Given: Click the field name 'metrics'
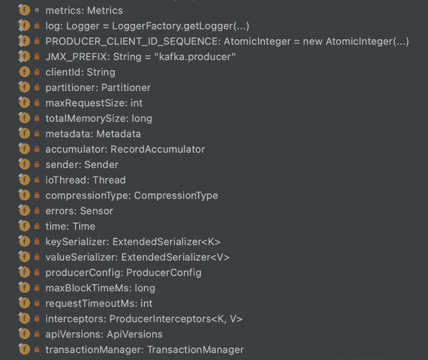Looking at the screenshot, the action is pyautogui.click(x=64, y=10).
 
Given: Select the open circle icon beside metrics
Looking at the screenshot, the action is pyautogui.click(x=37, y=10).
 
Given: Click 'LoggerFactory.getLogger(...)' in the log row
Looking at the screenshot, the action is pyautogui.click(x=181, y=26).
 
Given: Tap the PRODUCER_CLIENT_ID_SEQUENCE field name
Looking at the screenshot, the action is pyautogui.click(x=132, y=41).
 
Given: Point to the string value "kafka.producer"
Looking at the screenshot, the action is pyautogui.click(x=195, y=57).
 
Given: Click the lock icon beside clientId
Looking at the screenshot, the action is pyautogui.click(x=37, y=72).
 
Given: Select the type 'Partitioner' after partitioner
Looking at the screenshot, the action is pyautogui.click(x=126, y=87).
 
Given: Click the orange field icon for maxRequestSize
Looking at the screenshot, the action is pyautogui.click(x=24, y=103).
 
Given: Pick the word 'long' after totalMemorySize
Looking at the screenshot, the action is pyautogui.click(x=141, y=118).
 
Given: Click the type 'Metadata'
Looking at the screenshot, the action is pyautogui.click(x=118, y=134).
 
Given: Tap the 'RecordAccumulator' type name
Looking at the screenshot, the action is pyautogui.click(x=158, y=149).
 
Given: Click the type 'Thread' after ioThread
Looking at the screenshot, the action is pyautogui.click(x=109, y=180).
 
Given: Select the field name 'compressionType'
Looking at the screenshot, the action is pyautogui.click(x=86, y=196).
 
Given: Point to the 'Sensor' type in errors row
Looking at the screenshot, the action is pyautogui.click(x=96, y=211).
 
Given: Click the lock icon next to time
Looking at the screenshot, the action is pyautogui.click(x=37, y=226).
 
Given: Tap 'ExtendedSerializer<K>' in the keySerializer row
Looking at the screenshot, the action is pyautogui.click(x=166, y=242).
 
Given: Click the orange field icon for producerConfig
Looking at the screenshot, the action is pyautogui.click(x=24, y=272).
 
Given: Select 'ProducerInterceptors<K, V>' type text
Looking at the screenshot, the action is pyautogui.click(x=176, y=319).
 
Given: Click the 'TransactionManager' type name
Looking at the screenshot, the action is pyautogui.click(x=196, y=350).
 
